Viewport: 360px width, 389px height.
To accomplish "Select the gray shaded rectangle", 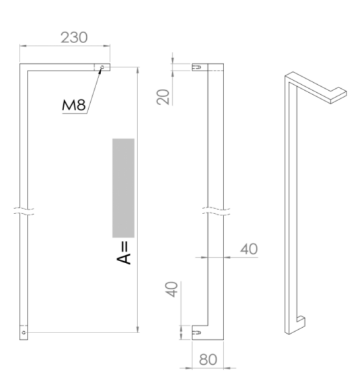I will click(x=123, y=188).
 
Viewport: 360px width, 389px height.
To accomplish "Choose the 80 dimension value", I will click(x=209, y=359).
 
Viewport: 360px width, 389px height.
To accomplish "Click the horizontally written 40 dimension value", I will click(x=249, y=248).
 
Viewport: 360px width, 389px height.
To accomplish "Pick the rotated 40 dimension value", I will click(x=172, y=290).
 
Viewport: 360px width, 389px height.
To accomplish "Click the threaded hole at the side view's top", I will click(x=199, y=67).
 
